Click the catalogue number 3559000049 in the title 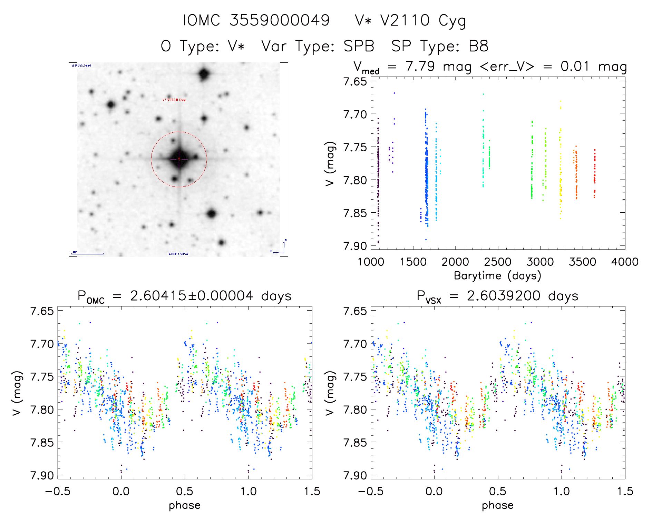point(280,21)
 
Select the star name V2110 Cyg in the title point(423,21)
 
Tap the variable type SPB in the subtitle point(359,46)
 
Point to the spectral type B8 point(478,46)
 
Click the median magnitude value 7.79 point(420,66)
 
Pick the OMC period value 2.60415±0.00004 point(192,296)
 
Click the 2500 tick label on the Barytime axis point(498,262)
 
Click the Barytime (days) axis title point(497,276)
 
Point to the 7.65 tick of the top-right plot point(355,82)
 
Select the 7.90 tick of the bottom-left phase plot point(42,475)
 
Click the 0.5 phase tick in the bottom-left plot point(185,491)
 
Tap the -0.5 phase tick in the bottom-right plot point(371,491)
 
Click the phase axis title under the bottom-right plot point(497,505)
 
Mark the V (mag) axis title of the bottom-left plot point(17,393)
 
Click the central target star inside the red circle point(179,159)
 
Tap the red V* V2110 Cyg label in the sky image point(174,100)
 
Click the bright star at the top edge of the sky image point(204,74)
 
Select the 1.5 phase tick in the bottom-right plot point(625,491)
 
